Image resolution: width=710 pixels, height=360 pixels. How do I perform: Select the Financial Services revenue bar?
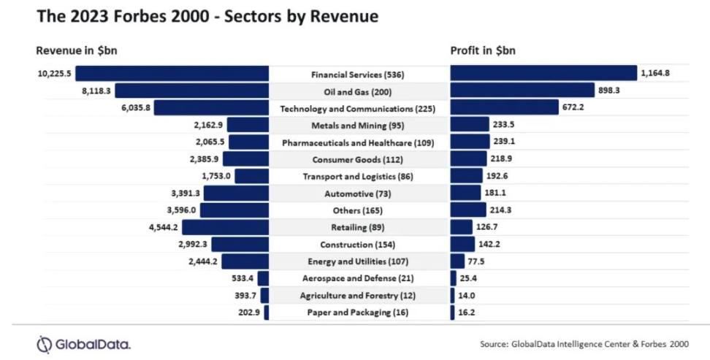click(172, 73)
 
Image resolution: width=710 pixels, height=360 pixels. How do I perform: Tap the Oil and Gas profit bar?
click(522, 91)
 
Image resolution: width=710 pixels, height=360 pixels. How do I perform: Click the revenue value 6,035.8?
click(133, 108)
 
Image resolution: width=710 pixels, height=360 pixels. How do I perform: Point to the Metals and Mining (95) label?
click(357, 126)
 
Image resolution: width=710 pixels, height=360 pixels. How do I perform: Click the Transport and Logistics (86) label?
click(357, 177)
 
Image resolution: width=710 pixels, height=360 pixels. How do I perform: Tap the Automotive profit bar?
click(467, 193)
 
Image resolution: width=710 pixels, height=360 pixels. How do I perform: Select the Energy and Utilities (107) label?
click(357, 261)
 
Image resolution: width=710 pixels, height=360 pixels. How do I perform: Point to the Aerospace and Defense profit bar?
click(454, 278)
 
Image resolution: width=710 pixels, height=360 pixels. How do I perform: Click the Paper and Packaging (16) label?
click(357, 313)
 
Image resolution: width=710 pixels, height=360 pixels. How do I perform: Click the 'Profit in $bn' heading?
click(484, 51)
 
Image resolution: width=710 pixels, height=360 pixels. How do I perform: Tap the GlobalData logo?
click(83, 343)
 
